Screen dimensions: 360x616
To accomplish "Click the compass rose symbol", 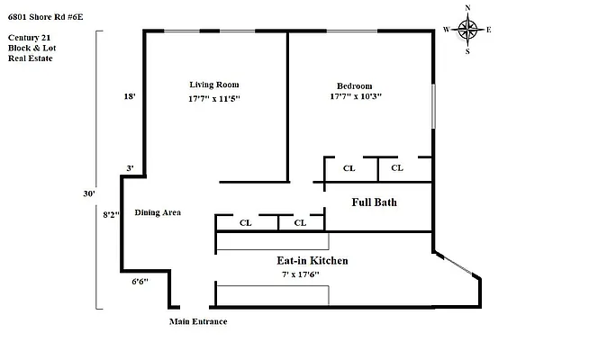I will click(x=467, y=30).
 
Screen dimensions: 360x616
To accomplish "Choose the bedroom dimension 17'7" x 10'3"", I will click(x=357, y=97).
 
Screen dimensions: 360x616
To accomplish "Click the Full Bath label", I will click(x=374, y=202).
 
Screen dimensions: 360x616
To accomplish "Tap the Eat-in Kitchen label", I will click(x=312, y=260).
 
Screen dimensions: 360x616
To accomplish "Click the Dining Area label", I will click(x=159, y=212).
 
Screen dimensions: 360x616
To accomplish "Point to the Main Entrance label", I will click(x=198, y=321).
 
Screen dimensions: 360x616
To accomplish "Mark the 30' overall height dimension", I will click(x=88, y=192).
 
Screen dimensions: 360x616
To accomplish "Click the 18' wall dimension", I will click(x=130, y=96).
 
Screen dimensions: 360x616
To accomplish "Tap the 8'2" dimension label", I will click(x=112, y=215).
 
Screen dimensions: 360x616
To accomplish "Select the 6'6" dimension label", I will click(x=140, y=281).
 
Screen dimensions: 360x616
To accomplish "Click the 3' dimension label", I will click(x=130, y=168).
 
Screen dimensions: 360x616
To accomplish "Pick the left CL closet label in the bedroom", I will click(x=349, y=168).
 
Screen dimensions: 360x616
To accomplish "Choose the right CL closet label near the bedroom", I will click(x=398, y=168).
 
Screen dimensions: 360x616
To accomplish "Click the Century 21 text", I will click(x=27, y=36).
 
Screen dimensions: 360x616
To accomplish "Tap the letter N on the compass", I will click(x=467, y=8).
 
